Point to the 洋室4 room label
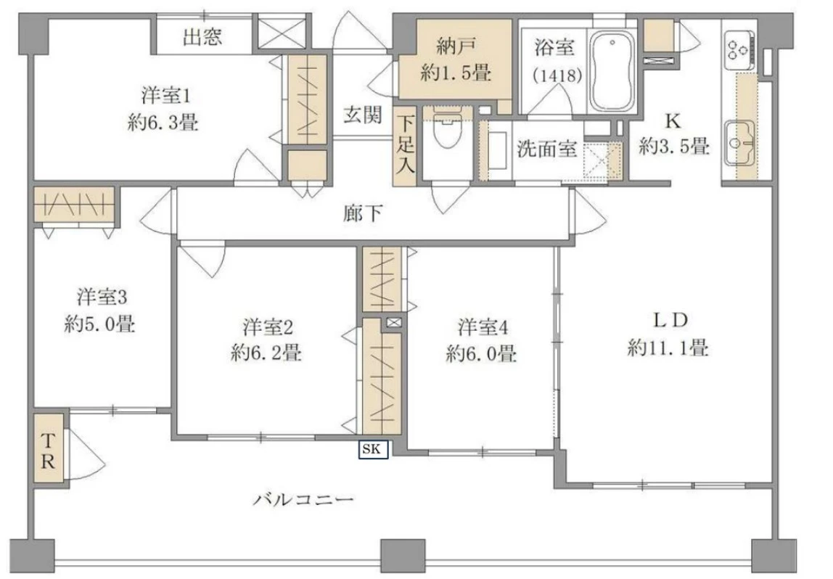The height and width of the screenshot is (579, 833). point(481,327)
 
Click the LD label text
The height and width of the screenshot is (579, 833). point(668,320)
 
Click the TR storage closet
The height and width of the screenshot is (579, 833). point(49,449)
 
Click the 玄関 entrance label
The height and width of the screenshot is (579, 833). point(363,115)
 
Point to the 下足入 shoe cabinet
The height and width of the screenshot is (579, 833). point(404,149)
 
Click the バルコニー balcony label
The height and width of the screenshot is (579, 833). point(303,499)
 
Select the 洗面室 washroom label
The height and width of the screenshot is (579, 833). point(547,149)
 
